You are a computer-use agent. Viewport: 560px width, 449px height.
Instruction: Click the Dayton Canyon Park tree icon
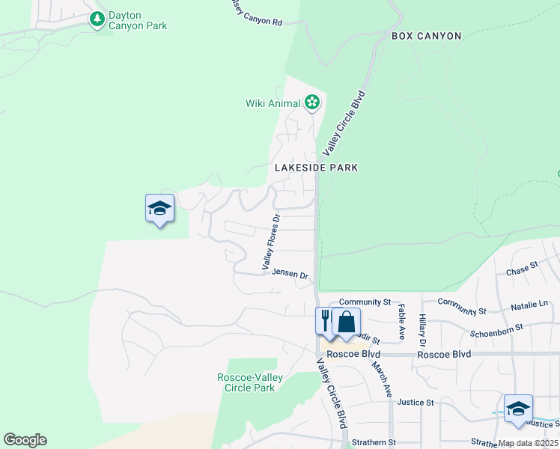[97, 19]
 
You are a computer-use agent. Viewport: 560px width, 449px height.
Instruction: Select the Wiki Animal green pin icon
[312, 103]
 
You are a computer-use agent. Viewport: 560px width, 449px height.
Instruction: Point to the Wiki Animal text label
[273, 103]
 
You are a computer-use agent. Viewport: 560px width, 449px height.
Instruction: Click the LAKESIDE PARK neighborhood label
[316, 168]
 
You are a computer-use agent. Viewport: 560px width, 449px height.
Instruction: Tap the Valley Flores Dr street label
[270, 242]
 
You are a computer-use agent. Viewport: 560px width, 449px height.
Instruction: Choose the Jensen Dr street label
[290, 275]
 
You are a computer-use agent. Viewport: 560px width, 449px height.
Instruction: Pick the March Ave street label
[382, 379]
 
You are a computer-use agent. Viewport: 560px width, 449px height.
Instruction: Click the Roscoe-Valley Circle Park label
[249, 382]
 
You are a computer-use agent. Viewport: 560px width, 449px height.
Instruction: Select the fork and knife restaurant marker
[325, 322]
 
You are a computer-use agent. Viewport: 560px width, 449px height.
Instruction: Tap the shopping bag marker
[346, 322]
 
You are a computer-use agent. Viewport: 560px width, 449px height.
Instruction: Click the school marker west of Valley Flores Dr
[159, 208]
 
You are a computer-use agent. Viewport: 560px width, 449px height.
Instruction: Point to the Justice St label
[416, 403]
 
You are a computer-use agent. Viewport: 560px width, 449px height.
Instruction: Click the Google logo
[25, 440]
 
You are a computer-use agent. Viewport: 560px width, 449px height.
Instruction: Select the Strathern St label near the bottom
[371, 442]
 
